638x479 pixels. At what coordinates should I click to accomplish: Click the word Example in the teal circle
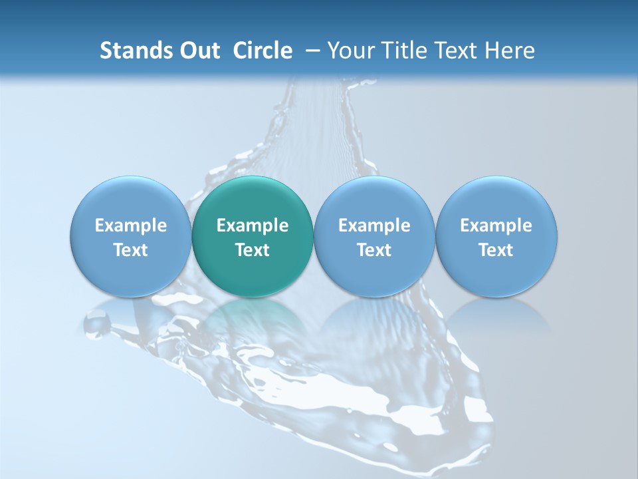[x=253, y=226]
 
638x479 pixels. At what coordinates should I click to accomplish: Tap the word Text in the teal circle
[x=253, y=250]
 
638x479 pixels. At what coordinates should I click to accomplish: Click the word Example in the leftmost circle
[x=130, y=226]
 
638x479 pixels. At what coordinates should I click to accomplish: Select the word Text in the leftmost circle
[x=130, y=250]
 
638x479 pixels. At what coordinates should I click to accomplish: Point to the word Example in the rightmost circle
[x=496, y=226]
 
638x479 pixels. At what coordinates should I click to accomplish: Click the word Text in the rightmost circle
[x=496, y=250]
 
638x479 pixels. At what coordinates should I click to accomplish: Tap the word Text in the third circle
[x=374, y=250]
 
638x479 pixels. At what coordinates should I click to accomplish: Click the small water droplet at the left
[x=97, y=324]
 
